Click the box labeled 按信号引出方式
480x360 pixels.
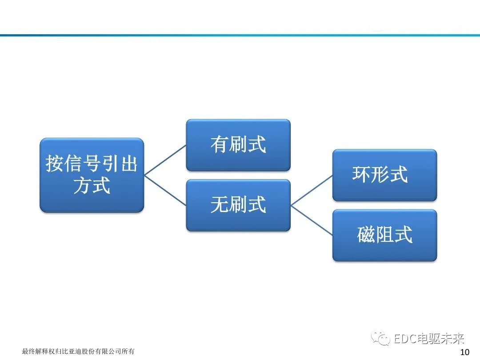[x=92, y=175]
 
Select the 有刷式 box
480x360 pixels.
[x=238, y=145]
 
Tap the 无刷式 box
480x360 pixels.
[x=238, y=205]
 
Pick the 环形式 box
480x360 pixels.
[x=384, y=175]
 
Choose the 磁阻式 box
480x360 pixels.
[x=384, y=235]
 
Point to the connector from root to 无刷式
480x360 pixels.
[x=165, y=190]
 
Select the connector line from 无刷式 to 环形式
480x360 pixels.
[x=312, y=190]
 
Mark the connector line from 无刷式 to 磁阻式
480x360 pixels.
[x=312, y=220]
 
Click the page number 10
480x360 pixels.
[x=465, y=352]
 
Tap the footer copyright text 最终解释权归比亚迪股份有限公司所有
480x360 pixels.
[x=78, y=352]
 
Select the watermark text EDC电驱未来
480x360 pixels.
[x=429, y=340]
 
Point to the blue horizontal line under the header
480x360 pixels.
[x=240, y=35]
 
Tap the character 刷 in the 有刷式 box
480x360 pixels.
[x=238, y=145]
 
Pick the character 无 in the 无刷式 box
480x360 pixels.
[x=220, y=205]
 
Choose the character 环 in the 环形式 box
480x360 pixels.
[x=361, y=175]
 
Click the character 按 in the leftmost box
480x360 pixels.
[x=54, y=164]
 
